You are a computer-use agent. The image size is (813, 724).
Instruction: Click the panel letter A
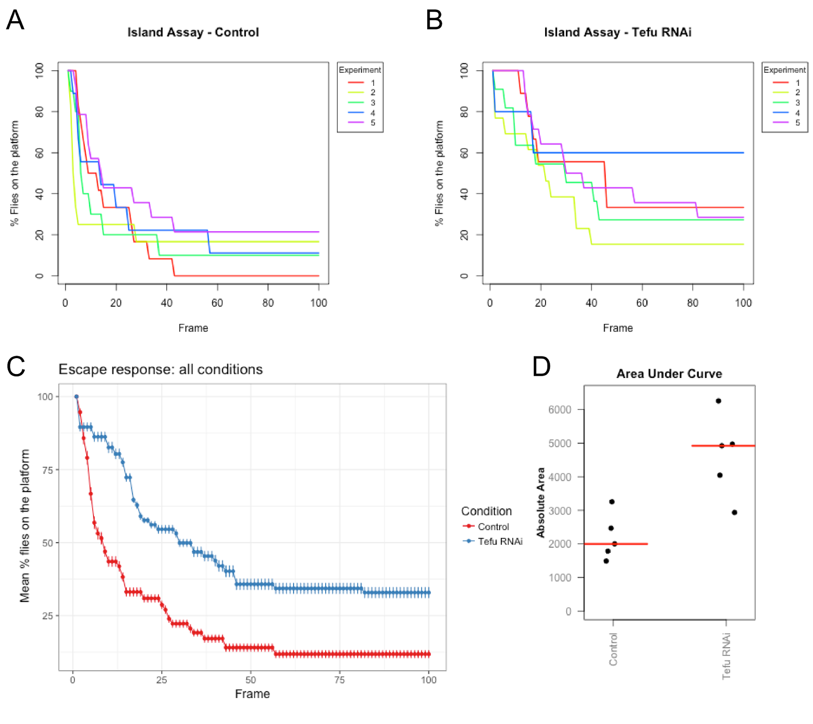coord(15,20)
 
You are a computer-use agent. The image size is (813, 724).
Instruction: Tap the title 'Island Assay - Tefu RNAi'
coord(617,33)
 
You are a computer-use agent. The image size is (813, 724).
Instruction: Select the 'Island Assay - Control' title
coord(193,33)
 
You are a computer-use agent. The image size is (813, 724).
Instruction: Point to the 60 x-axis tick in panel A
coord(217,303)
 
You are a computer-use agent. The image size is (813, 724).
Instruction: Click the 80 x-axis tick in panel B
coord(692,303)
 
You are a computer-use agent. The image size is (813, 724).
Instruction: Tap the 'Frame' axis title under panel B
coord(617,328)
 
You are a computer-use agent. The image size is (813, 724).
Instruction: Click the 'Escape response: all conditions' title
coord(160,369)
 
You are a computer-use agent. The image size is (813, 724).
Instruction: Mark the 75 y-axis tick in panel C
coord(47,470)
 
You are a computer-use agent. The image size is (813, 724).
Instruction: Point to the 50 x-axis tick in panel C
coord(250,680)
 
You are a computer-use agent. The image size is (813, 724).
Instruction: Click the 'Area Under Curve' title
coord(669,374)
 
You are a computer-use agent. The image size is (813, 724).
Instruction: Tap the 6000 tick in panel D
coord(560,410)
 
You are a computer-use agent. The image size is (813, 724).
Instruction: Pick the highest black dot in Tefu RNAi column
coord(718,401)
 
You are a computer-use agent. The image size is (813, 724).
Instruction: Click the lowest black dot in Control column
coord(606,561)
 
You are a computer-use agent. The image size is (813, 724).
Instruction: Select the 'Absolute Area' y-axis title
coord(541,502)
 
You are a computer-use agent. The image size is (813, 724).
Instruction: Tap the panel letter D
coord(541,366)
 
